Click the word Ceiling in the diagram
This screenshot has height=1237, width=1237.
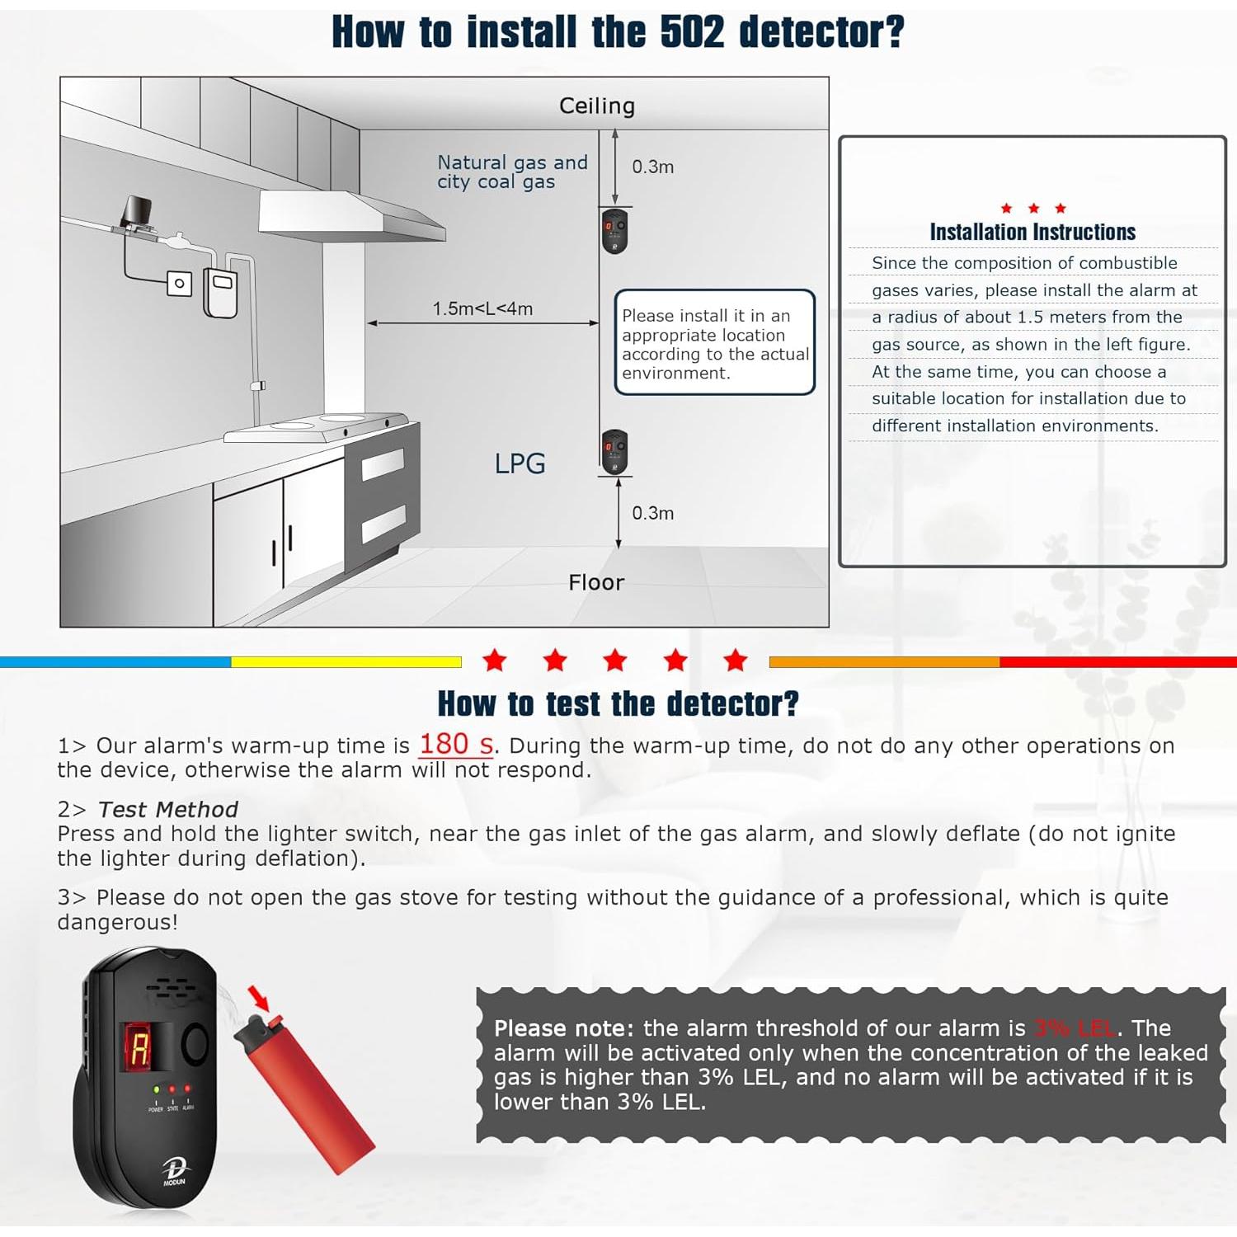[x=597, y=106]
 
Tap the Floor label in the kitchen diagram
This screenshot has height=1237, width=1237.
[x=596, y=582]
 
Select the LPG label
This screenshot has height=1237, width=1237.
[x=520, y=463]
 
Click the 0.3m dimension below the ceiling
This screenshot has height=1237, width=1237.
[x=652, y=167]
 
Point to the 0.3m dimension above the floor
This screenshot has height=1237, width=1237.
[x=652, y=513]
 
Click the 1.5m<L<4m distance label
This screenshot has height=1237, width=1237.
[x=482, y=308]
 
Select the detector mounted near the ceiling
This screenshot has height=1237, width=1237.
[x=614, y=231]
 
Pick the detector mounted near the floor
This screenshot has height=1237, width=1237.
[x=614, y=452]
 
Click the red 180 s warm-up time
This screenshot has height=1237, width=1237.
[x=456, y=745]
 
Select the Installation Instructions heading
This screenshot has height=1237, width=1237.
[x=1032, y=233]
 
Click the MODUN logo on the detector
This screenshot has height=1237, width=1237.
[x=174, y=1171]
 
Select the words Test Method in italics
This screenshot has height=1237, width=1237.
[x=168, y=810]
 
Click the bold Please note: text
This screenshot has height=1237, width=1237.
[x=563, y=1028]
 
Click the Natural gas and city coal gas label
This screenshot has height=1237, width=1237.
[x=511, y=172]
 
